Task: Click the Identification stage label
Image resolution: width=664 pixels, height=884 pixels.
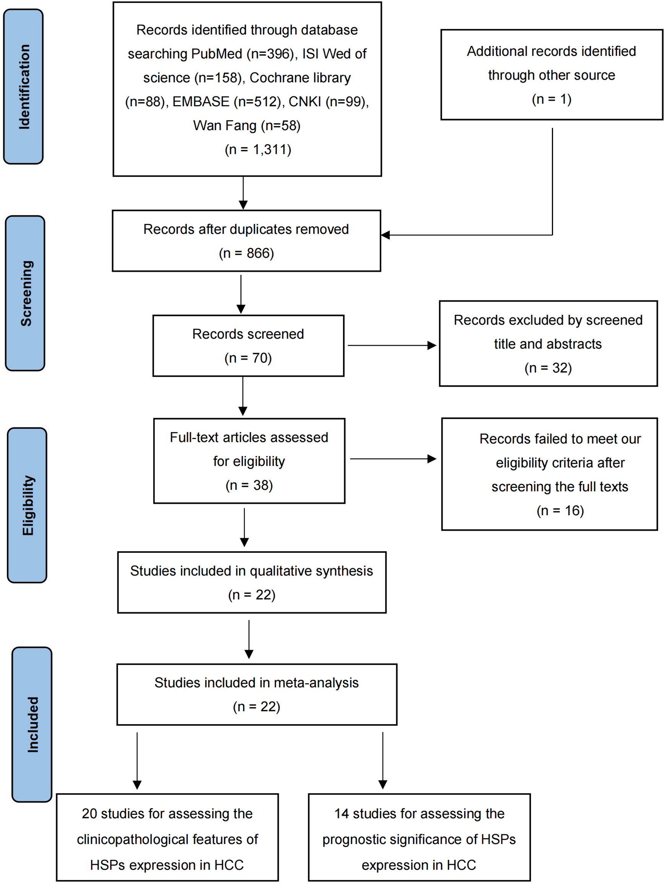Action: tap(24, 87)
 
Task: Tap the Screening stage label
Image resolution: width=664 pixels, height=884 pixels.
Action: tap(26, 293)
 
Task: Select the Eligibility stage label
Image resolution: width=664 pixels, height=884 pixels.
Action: tap(28, 505)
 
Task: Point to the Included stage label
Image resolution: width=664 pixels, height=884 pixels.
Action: tap(33, 724)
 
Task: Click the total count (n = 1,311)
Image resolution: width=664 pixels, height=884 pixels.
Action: tap(258, 150)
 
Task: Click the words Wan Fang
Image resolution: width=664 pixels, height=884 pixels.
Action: tap(225, 125)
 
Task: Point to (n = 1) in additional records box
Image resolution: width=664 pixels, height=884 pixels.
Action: tap(551, 99)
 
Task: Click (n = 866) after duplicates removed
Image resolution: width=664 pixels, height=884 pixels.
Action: tap(246, 253)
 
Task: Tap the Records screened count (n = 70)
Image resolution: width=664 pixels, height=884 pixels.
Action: tap(248, 358)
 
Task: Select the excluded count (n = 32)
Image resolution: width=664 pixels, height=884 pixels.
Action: tap(548, 368)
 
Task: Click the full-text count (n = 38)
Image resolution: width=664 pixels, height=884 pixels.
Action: tap(249, 485)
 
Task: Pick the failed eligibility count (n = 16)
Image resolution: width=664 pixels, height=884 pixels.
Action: tap(560, 510)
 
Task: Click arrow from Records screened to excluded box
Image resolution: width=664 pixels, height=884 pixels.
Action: tap(392, 345)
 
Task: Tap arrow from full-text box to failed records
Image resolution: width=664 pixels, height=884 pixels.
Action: tap(393, 459)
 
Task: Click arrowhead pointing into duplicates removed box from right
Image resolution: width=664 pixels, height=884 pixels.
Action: tap(385, 235)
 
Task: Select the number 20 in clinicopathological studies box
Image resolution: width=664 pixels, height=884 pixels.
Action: tap(89, 814)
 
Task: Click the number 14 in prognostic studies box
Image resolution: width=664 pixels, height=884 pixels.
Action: tap(341, 814)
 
